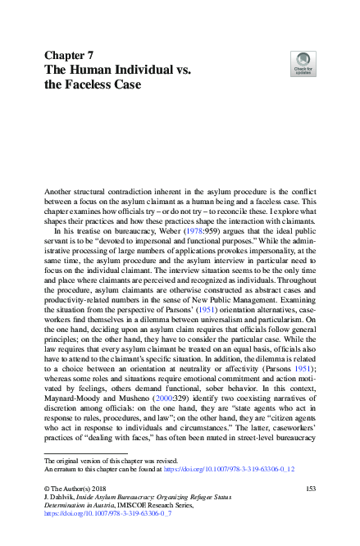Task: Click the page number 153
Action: [x=310, y=489]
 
